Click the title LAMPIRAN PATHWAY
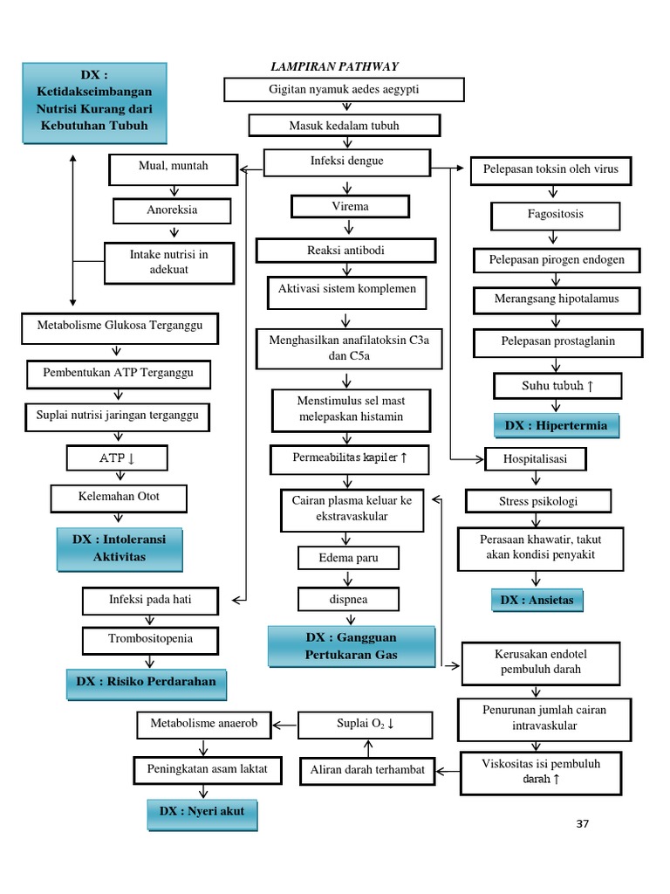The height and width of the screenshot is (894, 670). (x=336, y=67)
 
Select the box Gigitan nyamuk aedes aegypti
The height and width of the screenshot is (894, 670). (x=344, y=90)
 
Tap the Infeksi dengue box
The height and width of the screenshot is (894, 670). (x=347, y=162)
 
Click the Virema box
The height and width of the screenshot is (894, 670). (x=349, y=207)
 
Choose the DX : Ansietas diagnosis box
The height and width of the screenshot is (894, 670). (x=537, y=601)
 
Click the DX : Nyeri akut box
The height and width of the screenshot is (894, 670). (x=202, y=812)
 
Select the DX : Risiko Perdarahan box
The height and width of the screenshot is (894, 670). (x=146, y=682)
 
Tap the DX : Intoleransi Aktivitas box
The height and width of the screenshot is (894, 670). (x=120, y=548)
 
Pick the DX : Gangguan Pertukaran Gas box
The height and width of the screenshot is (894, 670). (x=352, y=646)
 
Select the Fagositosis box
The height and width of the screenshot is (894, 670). (x=556, y=214)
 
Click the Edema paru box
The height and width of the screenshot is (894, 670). (x=349, y=558)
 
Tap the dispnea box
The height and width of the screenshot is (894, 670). (x=349, y=599)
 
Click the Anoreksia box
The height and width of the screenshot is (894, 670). (x=172, y=210)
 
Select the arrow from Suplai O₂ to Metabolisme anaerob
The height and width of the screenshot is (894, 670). (x=284, y=723)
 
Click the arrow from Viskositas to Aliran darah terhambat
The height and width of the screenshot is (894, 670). (x=447, y=771)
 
